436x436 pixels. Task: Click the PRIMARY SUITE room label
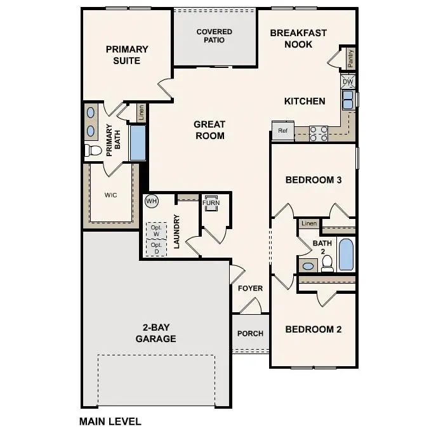point(127,55)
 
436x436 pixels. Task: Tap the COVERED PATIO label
point(214,36)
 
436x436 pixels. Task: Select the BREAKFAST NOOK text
point(298,38)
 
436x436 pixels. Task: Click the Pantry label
point(350,58)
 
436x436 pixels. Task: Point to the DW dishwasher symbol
point(348,82)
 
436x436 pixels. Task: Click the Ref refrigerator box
point(282,131)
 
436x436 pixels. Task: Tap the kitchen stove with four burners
point(318,133)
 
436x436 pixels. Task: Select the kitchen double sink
point(348,100)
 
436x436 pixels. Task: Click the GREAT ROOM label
point(209,130)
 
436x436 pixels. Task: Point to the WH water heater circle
point(151,201)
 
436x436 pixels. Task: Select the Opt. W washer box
point(155,230)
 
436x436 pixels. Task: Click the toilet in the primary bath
point(93,150)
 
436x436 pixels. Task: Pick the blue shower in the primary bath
point(138,142)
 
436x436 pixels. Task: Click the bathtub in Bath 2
point(346,254)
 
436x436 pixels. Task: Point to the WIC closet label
point(110,195)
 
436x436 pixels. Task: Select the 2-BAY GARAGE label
point(155,333)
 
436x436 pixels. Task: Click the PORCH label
point(250,334)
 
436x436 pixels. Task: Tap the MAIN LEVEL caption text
point(110,421)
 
